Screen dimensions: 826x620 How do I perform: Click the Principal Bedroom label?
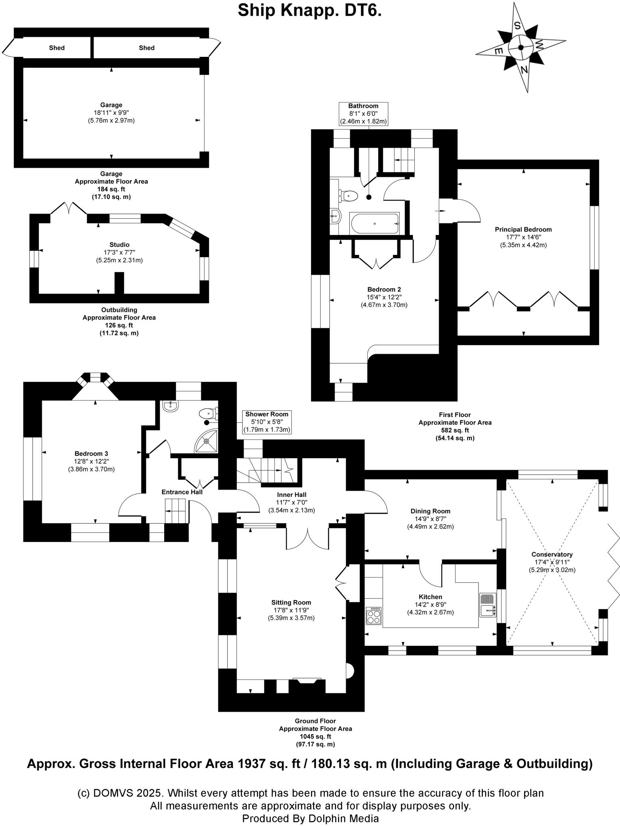coord(523,229)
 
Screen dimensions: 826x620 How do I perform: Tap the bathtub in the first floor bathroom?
coord(375,223)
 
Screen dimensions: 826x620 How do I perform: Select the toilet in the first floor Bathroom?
coord(348,196)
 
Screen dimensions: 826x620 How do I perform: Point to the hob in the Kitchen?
coord(374,616)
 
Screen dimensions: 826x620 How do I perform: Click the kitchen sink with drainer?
coord(488,605)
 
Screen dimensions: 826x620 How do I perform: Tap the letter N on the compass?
coord(524,70)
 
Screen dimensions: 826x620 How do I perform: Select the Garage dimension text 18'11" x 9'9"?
coord(111,113)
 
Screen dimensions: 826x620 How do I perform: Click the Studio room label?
coord(119,245)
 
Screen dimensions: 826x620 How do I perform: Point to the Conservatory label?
coord(552,555)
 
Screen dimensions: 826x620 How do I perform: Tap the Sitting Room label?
coord(291,603)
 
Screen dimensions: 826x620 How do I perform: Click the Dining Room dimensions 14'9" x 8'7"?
coord(430,519)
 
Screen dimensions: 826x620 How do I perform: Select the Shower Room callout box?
coord(267,422)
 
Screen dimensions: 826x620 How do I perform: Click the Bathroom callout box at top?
coord(363,113)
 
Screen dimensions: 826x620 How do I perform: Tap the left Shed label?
coord(57,48)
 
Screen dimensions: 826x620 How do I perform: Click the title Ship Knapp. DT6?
coord(309,11)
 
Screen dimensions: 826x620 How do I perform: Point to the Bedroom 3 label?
coord(91,454)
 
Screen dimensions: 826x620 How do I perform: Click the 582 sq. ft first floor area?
coord(455,430)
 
